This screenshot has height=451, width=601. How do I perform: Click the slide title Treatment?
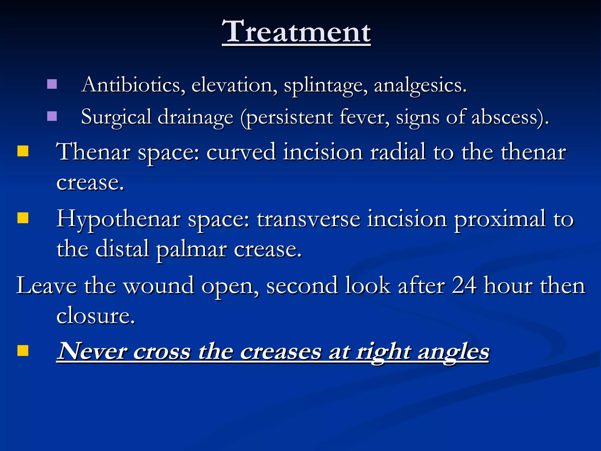point(296,32)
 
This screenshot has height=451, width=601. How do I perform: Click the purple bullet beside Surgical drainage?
point(52,116)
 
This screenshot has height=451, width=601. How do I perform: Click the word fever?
point(364,117)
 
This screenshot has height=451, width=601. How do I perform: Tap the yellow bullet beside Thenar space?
point(23,151)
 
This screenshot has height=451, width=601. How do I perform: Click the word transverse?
point(308,220)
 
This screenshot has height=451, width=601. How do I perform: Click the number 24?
point(464,285)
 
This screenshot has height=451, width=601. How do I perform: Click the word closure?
point(95,316)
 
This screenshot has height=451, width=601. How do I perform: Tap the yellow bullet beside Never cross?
point(23,350)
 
